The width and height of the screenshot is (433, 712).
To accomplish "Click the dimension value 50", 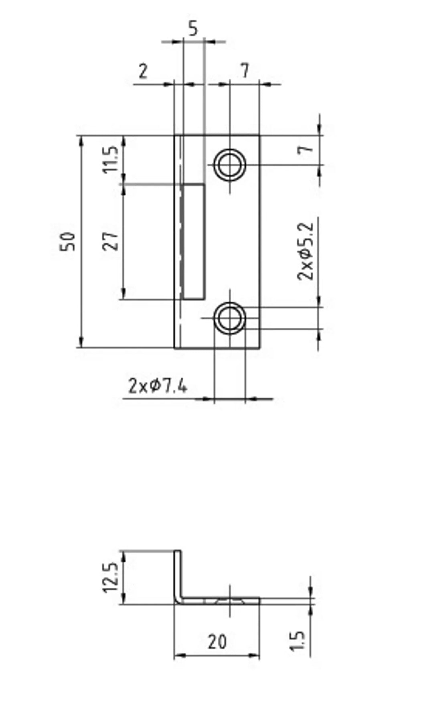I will [x=68, y=241].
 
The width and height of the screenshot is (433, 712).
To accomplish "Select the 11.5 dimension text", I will [x=111, y=159].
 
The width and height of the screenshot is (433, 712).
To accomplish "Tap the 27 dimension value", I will [x=111, y=241].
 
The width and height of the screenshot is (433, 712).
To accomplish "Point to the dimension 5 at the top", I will [x=193, y=29].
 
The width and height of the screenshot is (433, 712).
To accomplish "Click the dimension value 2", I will [x=143, y=71].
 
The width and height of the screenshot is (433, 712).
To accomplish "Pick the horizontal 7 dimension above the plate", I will [x=245, y=71].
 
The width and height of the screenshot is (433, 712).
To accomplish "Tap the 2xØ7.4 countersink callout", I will [x=158, y=386].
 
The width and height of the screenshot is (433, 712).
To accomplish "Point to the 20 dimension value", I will [x=217, y=642].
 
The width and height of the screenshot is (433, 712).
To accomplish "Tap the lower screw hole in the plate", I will [x=230, y=318].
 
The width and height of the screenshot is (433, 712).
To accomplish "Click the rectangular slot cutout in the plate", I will [x=194, y=241].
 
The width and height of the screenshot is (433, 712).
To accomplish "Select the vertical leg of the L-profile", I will [x=178, y=574].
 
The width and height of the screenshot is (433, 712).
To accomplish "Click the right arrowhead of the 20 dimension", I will [x=254, y=655].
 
